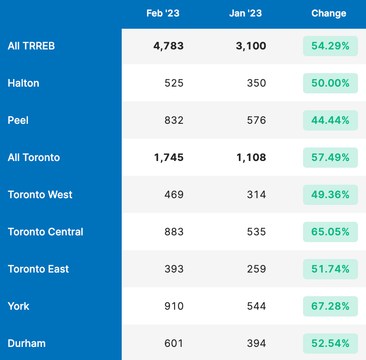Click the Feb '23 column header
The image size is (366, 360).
click(x=163, y=14)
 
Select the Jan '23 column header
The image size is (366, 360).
click(x=246, y=14)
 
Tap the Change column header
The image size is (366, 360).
click(x=328, y=14)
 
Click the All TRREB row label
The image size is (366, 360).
click(x=31, y=46)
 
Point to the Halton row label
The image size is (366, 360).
click(x=23, y=83)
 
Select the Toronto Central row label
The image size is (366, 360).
click(x=45, y=232)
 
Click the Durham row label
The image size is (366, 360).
click(x=26, y=344)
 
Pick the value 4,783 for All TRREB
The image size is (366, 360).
click(x=168, y=46)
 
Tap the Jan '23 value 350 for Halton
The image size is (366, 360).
click(x=257, y=83)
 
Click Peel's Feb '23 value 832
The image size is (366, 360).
click(x=174, y=120)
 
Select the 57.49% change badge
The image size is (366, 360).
click(x=330, y=158)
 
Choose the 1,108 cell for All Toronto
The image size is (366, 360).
click(x=251, y=158)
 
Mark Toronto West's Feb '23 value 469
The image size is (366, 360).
click(x=174, y=195)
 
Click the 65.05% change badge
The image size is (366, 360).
click(x=330, y=232)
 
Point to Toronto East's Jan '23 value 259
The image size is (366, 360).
click(x=257, y=269)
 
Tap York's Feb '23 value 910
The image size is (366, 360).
click(x=174, y=306)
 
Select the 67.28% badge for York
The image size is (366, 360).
click(x=330, y=306)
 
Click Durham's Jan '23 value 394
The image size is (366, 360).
click(x=257, y=344)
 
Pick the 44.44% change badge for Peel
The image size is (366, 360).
click(x=330, y=120)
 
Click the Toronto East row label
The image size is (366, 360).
click(x=38, y=269)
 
